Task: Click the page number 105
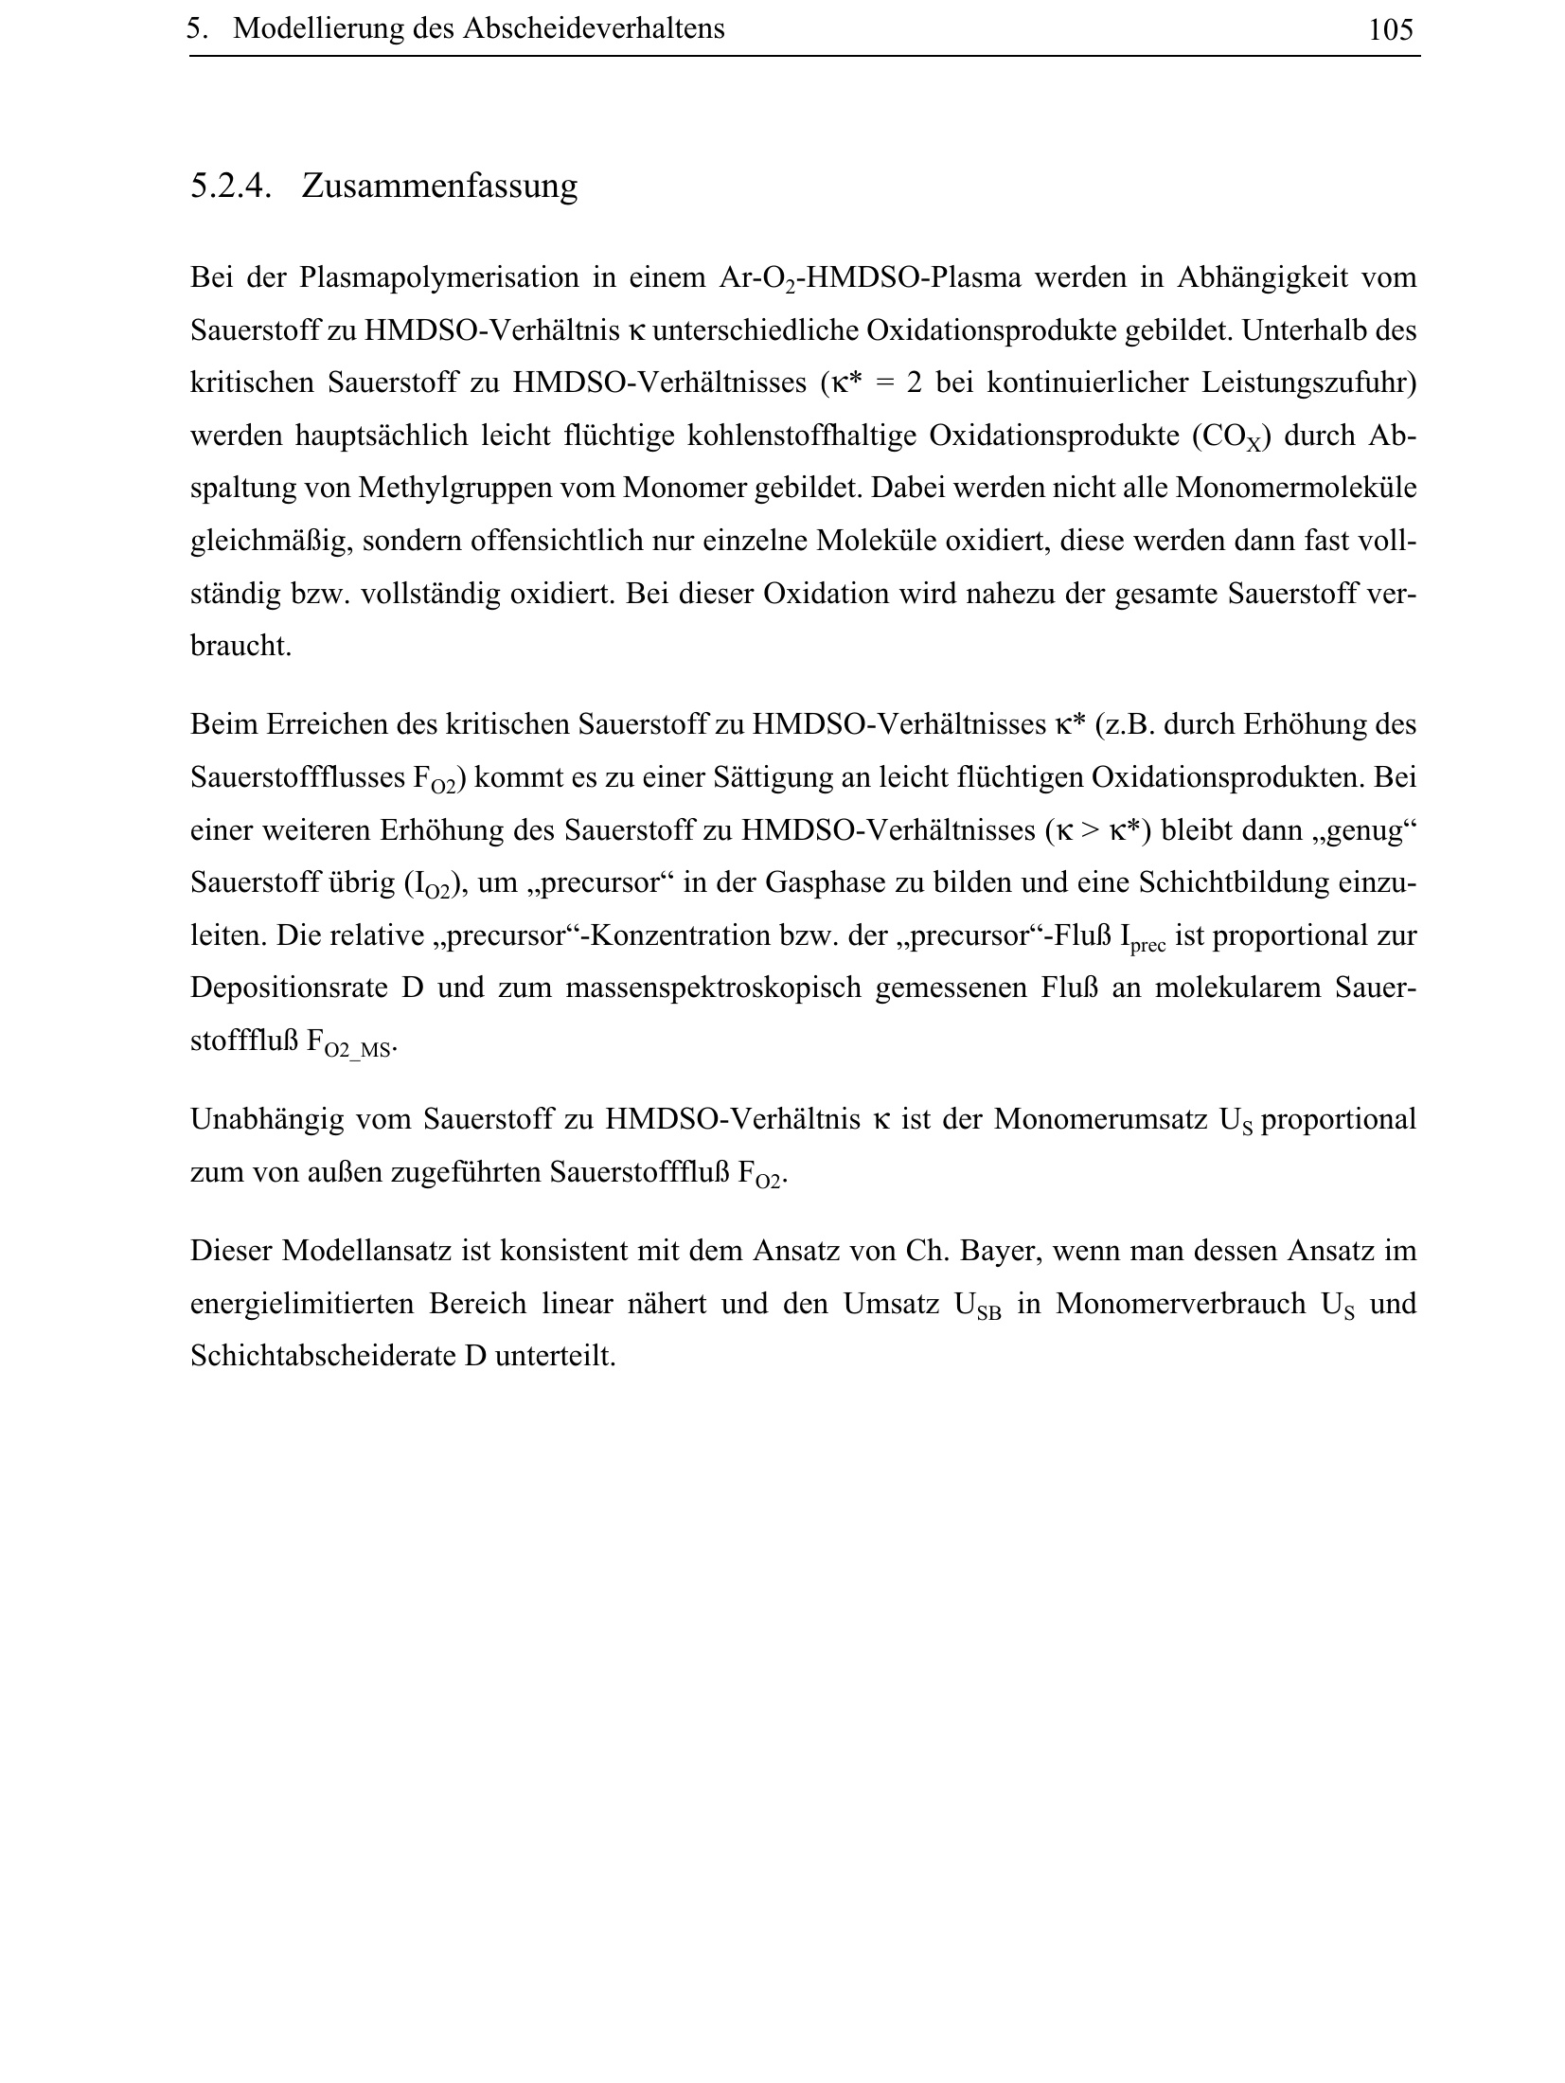tap(1389, 30)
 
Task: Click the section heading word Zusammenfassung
tap(439, 186)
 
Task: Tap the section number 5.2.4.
tap(231, 186)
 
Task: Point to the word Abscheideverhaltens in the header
tap(593, 29)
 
